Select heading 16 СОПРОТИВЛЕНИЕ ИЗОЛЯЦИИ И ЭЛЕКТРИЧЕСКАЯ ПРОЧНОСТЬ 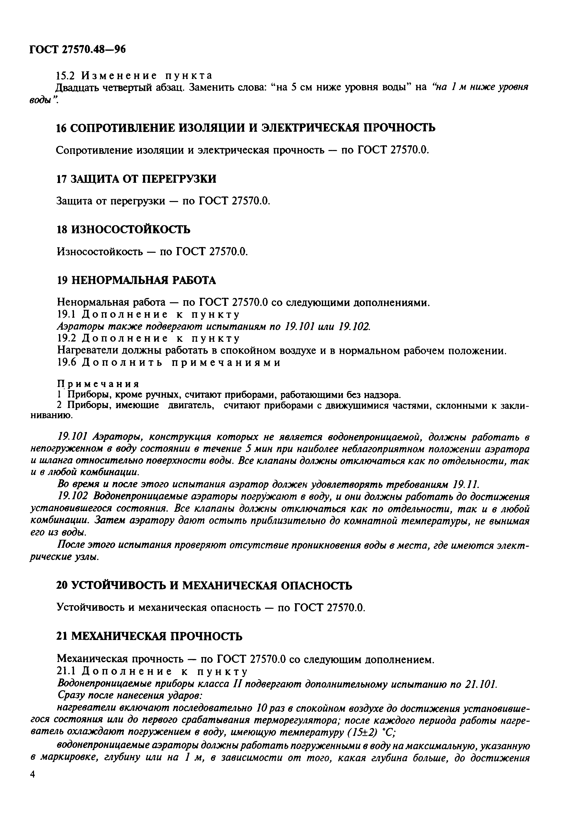click(246, 128)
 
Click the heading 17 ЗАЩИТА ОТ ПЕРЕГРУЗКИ click(136, 179)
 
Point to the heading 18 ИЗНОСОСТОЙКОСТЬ click(123, 229)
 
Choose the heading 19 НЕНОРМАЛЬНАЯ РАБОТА click(136, 280)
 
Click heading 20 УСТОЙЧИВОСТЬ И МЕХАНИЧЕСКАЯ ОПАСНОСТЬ click(204, 585)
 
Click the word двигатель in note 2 click(190, 406)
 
